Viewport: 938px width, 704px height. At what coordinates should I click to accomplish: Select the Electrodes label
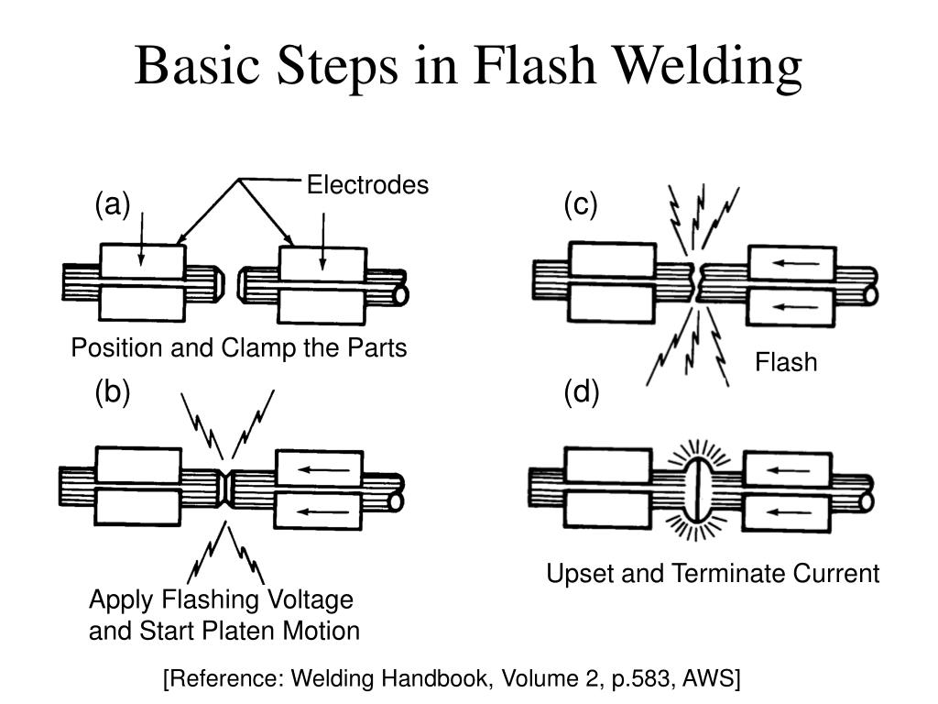click(367, 184)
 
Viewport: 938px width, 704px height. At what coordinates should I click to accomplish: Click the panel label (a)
click(113, 204)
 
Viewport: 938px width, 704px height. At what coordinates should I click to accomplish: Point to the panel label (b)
click(113, 392)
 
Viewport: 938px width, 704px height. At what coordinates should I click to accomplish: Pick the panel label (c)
click(580, 204)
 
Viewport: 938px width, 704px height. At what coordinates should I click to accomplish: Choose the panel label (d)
click(582, 392)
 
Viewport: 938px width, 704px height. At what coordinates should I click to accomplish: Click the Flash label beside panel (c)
click(785, 361)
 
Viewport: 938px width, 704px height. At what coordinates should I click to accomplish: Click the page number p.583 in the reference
click(644, 678)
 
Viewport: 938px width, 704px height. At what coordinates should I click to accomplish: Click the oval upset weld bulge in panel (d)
click(697, 489)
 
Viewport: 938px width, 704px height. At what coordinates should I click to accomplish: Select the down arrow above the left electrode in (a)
click(142, 238)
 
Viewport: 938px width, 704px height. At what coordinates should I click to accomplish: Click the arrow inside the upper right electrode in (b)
click(323, 469)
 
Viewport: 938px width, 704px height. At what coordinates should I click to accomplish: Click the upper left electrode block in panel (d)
click(608, 466)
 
